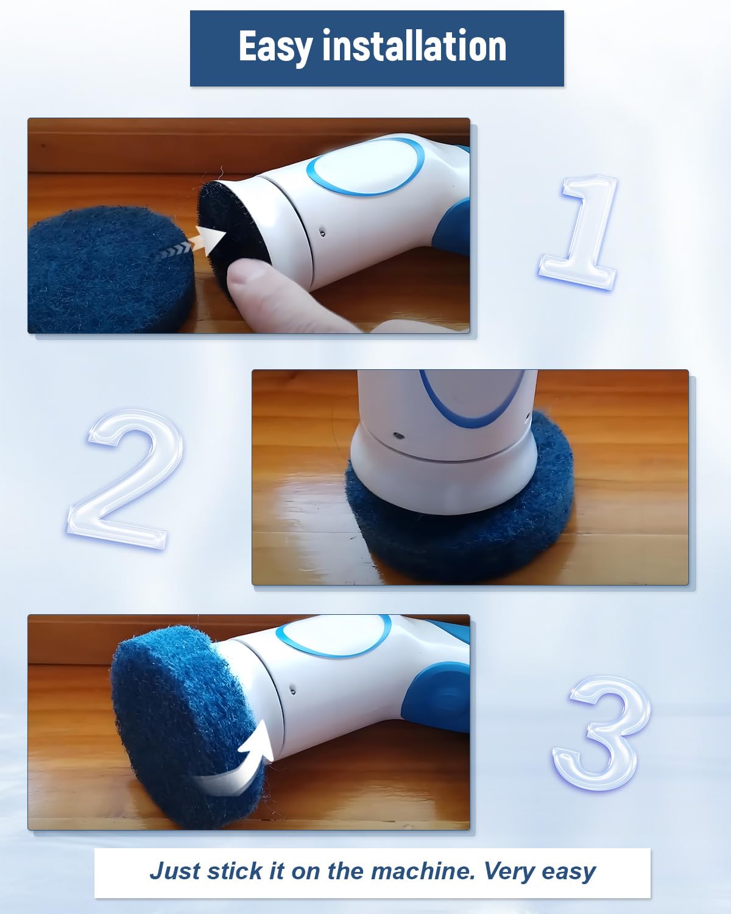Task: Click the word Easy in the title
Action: pos(275,47)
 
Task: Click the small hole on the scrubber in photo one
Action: pos(323,232)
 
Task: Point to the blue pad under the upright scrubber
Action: pos(459,509)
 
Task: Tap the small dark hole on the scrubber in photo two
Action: pos(398,435)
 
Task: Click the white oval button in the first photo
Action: pos(366,166)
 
